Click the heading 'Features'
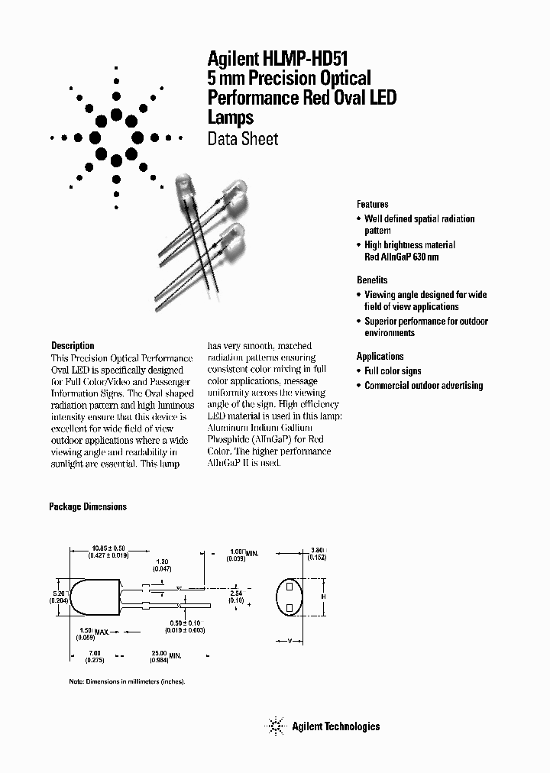pos(372,205)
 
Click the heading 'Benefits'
pos(372,280)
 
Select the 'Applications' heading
pos(380,357)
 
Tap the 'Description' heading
pos(73,346)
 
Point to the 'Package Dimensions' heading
pos(88,506)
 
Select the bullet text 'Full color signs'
pos(393,371)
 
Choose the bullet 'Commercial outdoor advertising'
pos(423,386)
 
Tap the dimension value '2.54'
pos(237,592)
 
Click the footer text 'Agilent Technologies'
pos(335,726)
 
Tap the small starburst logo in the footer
pos(274,726)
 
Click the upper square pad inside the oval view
pos(290,587)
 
